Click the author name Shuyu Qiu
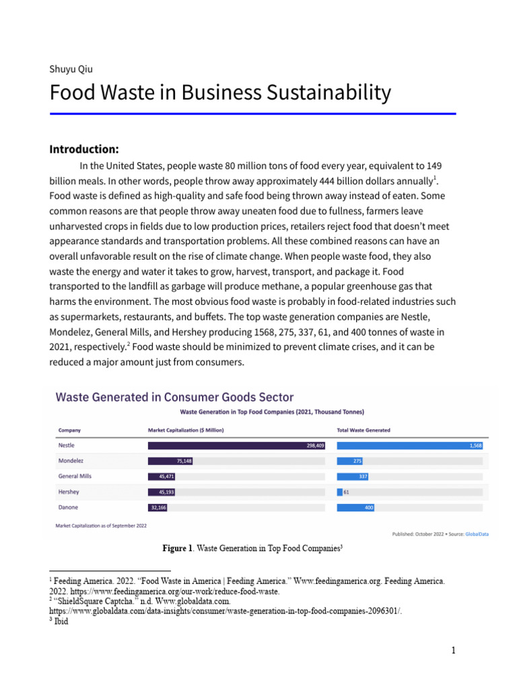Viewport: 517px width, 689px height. pos(71,69)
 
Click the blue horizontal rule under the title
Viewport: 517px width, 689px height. pos(253,114)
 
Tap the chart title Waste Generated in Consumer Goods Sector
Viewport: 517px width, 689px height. pos(174,397)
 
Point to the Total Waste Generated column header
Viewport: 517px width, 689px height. pos(364,430)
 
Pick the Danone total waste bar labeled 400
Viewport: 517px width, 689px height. pos(356,507)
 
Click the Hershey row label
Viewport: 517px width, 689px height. pos(69,492)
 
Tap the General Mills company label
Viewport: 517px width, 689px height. pos(75,476)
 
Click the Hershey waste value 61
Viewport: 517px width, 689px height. pos(346,492)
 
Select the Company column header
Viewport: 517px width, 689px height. pos(69,430)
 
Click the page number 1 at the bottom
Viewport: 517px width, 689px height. pos(454,650)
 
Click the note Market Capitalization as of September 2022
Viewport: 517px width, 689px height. pos(101,525)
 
